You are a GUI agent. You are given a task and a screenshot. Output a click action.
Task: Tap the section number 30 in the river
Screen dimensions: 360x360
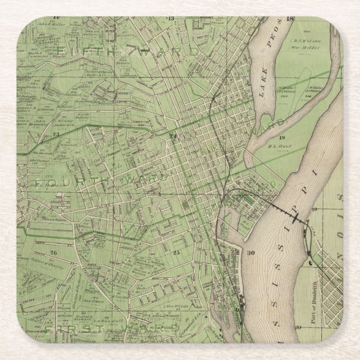(251, 253)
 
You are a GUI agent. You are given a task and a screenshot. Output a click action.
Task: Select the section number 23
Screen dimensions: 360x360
(55, 135)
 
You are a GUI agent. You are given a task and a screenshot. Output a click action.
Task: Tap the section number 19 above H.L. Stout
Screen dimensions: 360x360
(282, 137)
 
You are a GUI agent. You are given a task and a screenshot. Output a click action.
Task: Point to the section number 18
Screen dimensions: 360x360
(289, 19)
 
